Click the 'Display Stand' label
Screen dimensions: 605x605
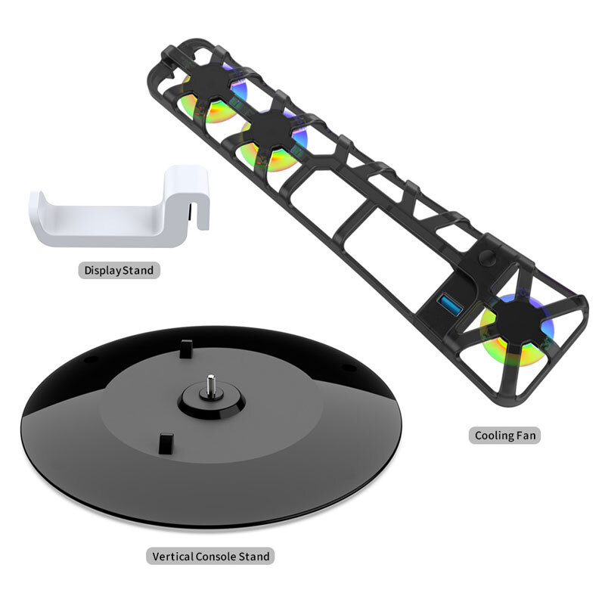(119, 270)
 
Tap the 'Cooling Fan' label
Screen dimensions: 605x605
(504, 436)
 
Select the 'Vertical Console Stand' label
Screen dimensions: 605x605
(210, 557)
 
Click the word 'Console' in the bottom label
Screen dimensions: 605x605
(216, 557)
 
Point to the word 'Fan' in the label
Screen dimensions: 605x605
(526, 436)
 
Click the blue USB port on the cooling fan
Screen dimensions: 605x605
(451, 305)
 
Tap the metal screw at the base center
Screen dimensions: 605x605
(210, 384)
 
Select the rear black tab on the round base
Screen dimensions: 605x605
(186, 349)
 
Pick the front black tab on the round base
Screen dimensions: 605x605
(166, 442)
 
